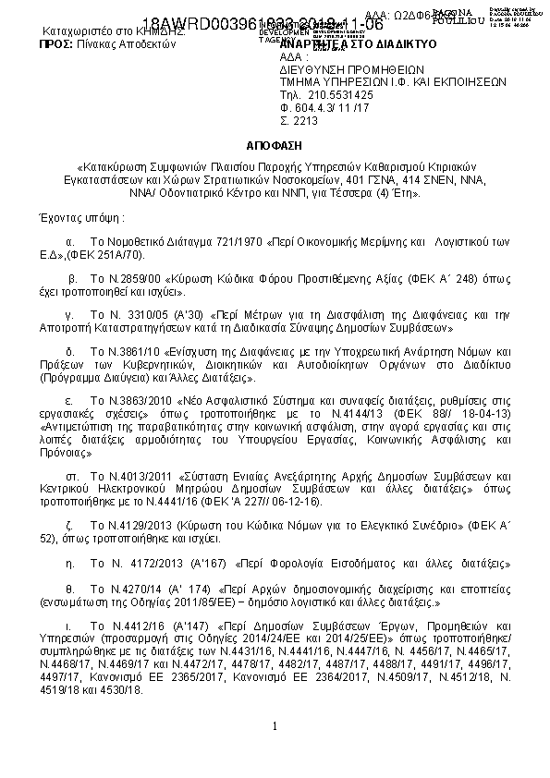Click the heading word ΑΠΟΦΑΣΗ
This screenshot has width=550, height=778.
pos(274,146)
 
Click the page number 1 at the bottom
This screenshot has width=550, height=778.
pos(275,725)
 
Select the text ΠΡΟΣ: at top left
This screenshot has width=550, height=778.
pos(44,43)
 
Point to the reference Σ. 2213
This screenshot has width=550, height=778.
pos(299,120)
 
